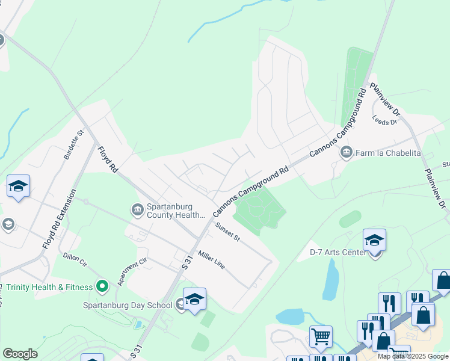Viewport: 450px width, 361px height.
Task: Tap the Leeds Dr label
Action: (385, 120)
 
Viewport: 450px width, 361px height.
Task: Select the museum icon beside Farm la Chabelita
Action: (346, 152)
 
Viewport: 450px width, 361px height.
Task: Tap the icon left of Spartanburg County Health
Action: (137, 209)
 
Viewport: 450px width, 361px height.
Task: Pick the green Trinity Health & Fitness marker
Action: (102, 286)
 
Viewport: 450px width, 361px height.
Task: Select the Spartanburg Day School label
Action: (128, 305)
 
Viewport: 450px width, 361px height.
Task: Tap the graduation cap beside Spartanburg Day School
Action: (194, 299)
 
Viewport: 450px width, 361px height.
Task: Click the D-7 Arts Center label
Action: (337, 251)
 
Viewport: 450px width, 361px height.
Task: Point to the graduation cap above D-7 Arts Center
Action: (374, 240)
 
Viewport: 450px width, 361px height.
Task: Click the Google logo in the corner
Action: (20, 354)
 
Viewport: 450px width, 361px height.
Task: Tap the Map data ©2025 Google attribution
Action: (413, 356)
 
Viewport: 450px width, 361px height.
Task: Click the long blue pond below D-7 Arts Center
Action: (330, 280)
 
